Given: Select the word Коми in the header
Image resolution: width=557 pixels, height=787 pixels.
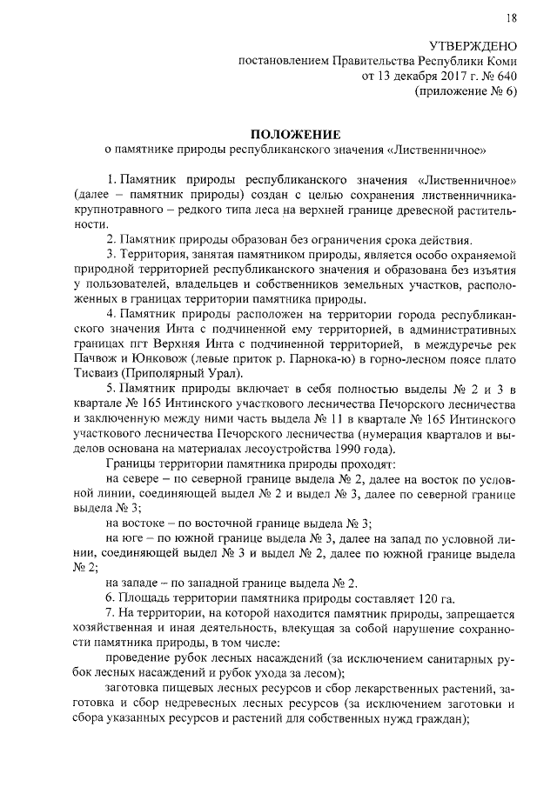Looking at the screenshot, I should pos(502,61).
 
